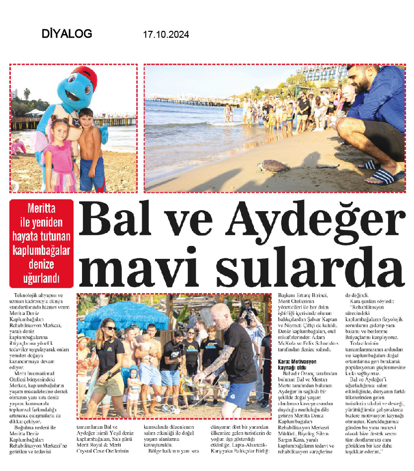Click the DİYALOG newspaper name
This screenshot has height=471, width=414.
click(67, 34)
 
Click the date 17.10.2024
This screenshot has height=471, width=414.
click(166, 35)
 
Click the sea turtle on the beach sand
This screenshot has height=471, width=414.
click(270, 166)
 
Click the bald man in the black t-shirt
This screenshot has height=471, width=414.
click(233, 358)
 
